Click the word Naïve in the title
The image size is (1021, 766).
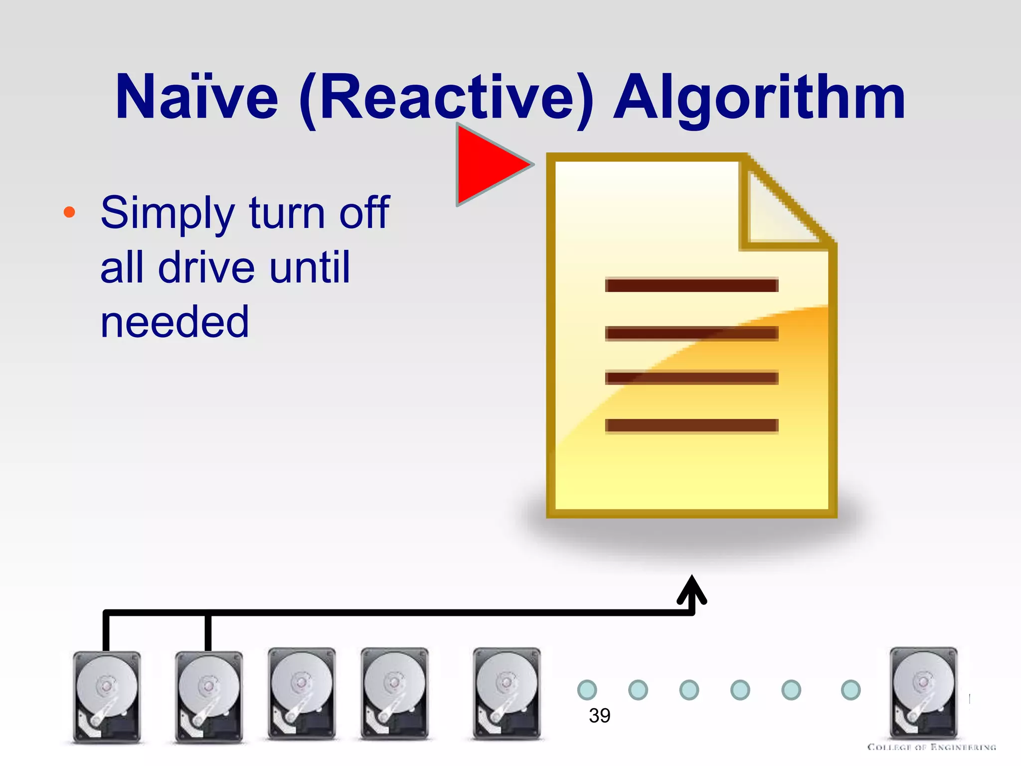(196, 97)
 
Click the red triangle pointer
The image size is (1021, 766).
(489, 165)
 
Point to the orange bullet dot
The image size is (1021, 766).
(69, 212)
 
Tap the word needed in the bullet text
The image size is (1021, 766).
(174, 323)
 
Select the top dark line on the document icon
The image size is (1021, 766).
(691, 285)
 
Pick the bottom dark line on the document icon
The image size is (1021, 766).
(691, 425)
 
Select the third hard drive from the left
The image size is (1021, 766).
(302, 693)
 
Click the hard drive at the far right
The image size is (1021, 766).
(923, 693)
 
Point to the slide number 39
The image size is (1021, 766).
(599, 716)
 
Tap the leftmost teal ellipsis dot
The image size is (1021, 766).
(587, 690)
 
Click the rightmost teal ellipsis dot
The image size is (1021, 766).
(851, 690)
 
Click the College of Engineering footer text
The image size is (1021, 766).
(931, 747)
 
